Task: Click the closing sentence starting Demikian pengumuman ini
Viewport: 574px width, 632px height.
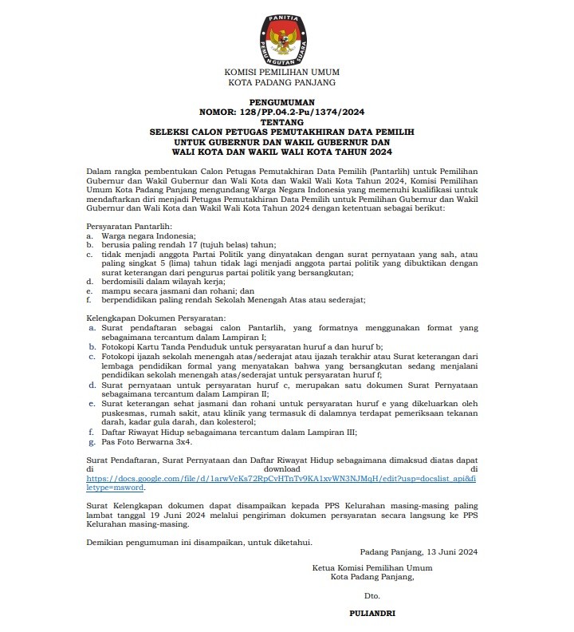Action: pos(199,543)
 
